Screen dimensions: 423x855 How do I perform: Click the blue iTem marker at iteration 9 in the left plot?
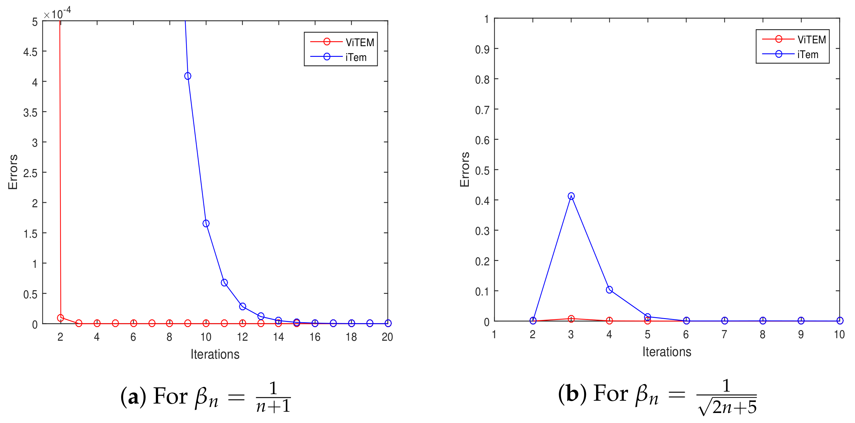(188, 76)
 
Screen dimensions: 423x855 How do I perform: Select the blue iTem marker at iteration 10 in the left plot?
(206, 223)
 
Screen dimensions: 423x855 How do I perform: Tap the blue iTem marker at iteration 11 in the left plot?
(224, 282)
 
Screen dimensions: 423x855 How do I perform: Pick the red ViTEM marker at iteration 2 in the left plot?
(60, 318)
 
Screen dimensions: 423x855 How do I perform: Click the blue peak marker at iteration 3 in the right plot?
(571, 196)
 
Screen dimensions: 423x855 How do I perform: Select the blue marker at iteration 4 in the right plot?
(609, 290)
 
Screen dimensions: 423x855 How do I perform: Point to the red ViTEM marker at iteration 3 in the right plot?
(571, 318)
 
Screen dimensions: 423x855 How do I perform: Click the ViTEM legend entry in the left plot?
(342, 42)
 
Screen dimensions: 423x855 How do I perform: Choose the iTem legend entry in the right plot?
(793, 54)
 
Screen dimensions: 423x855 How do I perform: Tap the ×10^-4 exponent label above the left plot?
(57, 14)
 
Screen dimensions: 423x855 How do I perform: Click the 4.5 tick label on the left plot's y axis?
(30, 52)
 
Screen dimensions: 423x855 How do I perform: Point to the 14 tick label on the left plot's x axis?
(278, 337)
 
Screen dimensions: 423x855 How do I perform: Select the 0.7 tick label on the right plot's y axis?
(482, 110)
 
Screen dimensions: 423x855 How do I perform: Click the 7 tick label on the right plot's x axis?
(724, 334)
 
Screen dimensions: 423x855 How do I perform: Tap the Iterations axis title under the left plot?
(215, 354)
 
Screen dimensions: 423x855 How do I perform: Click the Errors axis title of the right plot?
(464, 170)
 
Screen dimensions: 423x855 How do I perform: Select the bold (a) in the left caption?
(133, 396)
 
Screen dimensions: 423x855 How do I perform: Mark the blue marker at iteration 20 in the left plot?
(388, 323)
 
